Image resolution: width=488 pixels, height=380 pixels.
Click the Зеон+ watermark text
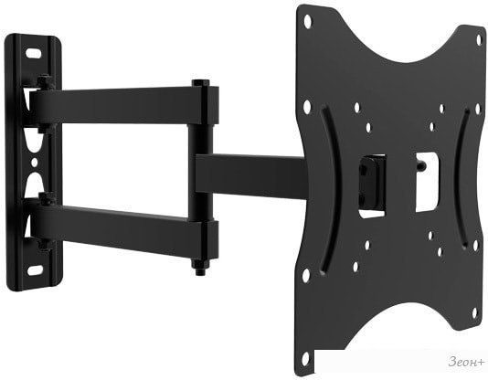[466, 363]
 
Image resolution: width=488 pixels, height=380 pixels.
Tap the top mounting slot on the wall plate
[33, 53]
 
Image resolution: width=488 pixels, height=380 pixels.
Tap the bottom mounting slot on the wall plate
[35, 270]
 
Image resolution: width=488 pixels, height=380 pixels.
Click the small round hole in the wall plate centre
[35, 163]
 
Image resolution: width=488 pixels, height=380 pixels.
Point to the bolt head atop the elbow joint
[200, 83]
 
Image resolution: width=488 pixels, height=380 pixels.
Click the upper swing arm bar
[118, 105]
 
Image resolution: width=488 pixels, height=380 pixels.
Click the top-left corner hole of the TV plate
[307, 21]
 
